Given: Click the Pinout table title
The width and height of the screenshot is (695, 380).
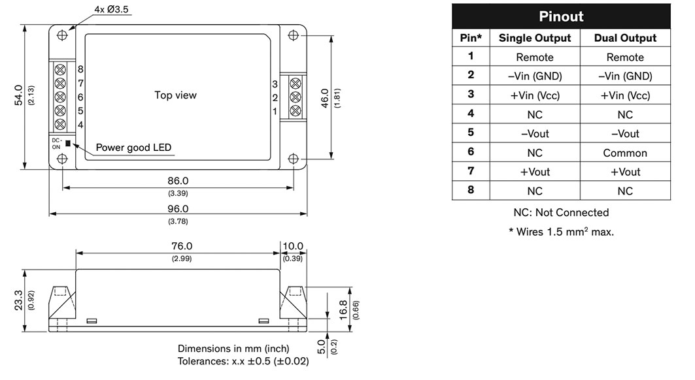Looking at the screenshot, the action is [x=561, y=16].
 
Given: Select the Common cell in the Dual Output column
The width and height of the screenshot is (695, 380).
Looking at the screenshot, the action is [x=625, y=153].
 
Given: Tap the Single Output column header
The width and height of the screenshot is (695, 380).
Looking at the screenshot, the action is [x=535, y=38].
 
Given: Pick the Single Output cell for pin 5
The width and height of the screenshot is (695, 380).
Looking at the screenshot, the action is [x=535, y=134].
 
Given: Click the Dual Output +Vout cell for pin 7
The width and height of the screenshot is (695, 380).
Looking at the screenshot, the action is [x=625, y=172].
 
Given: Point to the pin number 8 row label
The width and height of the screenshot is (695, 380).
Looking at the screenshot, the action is [x=471, y=190].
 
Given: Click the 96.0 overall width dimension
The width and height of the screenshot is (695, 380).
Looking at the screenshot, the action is [x=178, y=208].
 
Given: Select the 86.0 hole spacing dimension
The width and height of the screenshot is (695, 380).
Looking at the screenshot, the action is [x=178, y=181].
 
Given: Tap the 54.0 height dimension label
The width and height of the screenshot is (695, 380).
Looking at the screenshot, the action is [x=18, y=95].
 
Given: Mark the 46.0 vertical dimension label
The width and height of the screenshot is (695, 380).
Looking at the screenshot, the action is [x=325, y=98].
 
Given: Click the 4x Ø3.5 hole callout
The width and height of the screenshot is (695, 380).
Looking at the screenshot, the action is [x=111, y=9].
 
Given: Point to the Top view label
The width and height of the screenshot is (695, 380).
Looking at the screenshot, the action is [x=175, y=95].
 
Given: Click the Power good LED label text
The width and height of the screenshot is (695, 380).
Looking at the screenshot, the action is [x=133, y=148].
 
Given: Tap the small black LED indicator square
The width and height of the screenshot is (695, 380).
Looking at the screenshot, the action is [x=68, y=143].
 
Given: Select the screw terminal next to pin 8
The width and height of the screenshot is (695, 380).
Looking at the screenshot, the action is [x=60, y=69].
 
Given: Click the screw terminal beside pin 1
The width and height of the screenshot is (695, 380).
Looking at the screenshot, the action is [x=296, y=111].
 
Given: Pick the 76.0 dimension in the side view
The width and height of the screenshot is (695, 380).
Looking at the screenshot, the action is [x=182, y=245].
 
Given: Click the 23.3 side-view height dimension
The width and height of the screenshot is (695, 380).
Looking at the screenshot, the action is [x=18, y=300].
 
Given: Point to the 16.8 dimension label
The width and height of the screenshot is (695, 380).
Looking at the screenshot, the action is [x=344, y=309].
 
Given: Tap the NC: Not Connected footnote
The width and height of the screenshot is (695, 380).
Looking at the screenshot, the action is [x=561, y=213].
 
